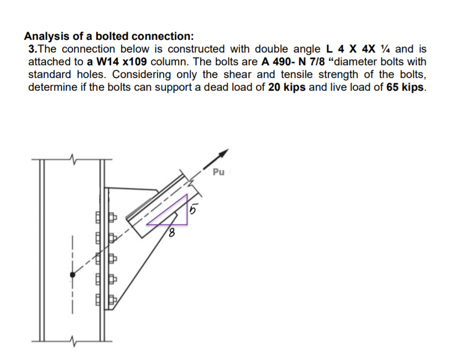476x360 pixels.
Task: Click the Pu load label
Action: pos(218,172)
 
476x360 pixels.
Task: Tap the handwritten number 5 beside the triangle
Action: pos(193,210)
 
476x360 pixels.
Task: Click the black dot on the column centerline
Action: pos(72,274)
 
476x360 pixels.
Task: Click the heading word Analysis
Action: pos(47,36)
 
